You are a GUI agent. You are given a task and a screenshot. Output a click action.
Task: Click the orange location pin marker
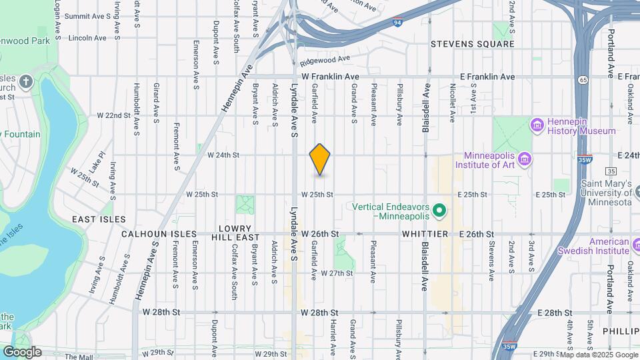pyautogui.click(x=320, y=159)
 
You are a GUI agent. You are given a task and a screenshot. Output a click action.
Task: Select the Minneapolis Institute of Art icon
pyautogui.click(x=524, y=159)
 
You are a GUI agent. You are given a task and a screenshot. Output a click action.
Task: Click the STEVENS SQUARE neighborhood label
pyautogui.click(x=472, y=44)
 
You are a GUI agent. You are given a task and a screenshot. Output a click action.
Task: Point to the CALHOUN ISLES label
pyautogui.click(x=159, y=235)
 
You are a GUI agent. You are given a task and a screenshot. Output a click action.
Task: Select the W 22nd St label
pyautogui.click(x=113, y=115)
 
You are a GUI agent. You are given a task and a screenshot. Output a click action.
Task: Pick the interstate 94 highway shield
pyautogui.click(x=397, y=21)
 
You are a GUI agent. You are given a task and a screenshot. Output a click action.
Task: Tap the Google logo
pyautogui.click(x=22, y=352)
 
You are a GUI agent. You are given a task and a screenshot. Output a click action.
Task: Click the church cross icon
pyautogui.click(x=26, y=83)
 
